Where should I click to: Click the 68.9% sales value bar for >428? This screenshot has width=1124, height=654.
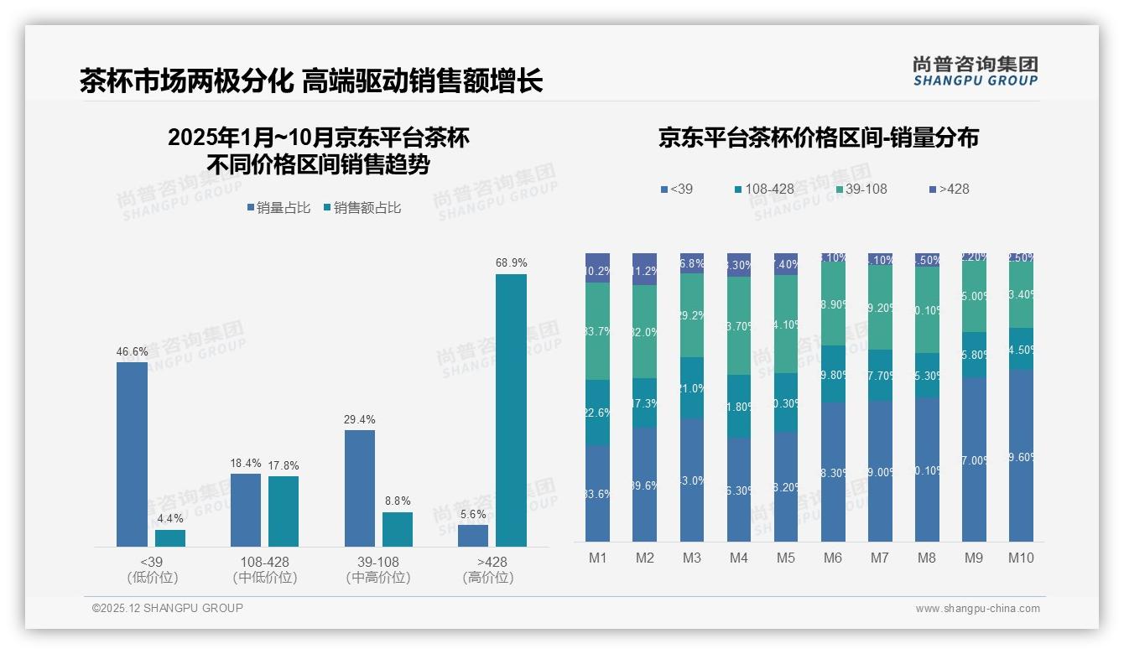point(511,410)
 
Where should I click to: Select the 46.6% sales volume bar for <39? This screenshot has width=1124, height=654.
point(132,454)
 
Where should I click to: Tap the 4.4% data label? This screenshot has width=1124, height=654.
point(170,519)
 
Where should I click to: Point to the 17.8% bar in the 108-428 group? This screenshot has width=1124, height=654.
point(284,511)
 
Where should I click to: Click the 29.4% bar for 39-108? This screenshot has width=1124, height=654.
point(360,488)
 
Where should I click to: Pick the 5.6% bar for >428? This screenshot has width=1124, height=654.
point(473,535)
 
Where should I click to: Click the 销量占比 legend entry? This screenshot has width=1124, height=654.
point(278,208)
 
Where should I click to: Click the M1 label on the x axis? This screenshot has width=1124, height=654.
point(597,558)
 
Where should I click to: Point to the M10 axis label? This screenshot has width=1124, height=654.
point(1021,558)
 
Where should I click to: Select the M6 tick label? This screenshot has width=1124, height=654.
point(833,558)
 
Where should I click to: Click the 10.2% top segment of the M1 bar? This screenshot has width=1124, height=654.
point(597,268)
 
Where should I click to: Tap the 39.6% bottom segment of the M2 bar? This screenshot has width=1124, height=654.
point(644,485)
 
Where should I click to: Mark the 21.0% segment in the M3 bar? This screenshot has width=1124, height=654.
point(691,387)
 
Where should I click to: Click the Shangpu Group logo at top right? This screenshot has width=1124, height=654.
point(975,70)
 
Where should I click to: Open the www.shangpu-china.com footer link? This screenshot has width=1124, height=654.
point(977,609)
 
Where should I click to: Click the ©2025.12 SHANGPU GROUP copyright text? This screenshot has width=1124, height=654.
point(168,608)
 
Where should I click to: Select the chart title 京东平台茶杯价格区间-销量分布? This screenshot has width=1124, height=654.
point(818,138)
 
